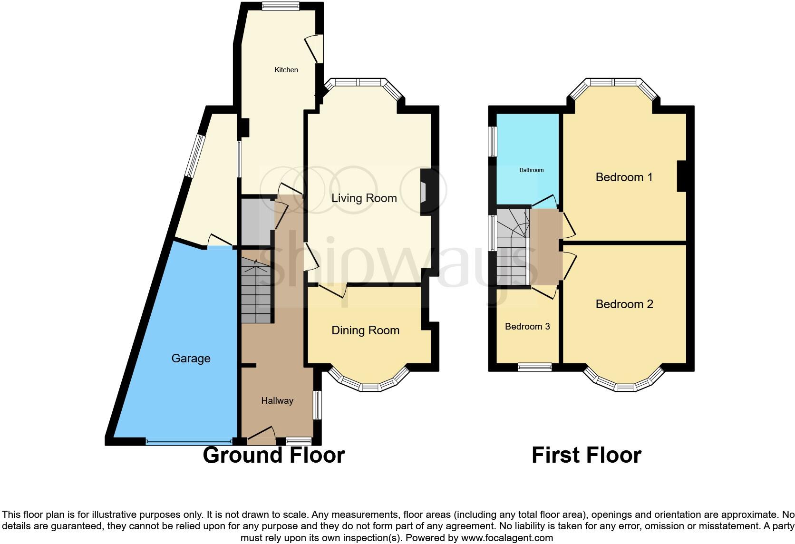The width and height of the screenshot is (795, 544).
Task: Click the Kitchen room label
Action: pyautogui.click(x=286, y=70)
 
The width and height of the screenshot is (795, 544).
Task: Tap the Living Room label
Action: pyautogui.click(x=364, y=198)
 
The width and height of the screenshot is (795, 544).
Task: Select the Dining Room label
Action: pyautogui.click(x=365, y=330)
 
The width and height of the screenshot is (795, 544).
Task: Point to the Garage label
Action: pyautogui.click(x=191, y=359)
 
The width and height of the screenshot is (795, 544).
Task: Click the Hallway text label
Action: pyautogui.click(x=277, y=401)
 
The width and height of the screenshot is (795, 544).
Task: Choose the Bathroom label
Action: pyautogui.click(x=531, y=170)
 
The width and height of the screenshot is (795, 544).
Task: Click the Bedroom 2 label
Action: pyautogui.click(x=624, y=304)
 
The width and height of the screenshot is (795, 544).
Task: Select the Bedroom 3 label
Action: pyautogui.click(x=527, y=327)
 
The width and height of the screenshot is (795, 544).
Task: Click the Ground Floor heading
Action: pyautogui.click(x=273, y=455)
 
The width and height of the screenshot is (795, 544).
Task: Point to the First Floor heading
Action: pyautogui.click(x=586, y=455)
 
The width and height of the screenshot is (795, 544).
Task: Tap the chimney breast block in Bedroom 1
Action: pyautogui.click(x=681, y=176)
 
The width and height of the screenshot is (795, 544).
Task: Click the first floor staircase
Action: pyautogui.click(x=513, y=247)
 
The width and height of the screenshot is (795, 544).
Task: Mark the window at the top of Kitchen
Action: pyautogui.click(x=280, y=6)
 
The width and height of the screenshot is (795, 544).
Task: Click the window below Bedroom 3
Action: pyautogui.click(x=534, y=367)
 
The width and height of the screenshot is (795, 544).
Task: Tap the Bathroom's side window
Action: pyautogui.click(x=493, y=141)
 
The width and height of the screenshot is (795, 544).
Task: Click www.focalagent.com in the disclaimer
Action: pyautogui.click(x=507, y=538)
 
